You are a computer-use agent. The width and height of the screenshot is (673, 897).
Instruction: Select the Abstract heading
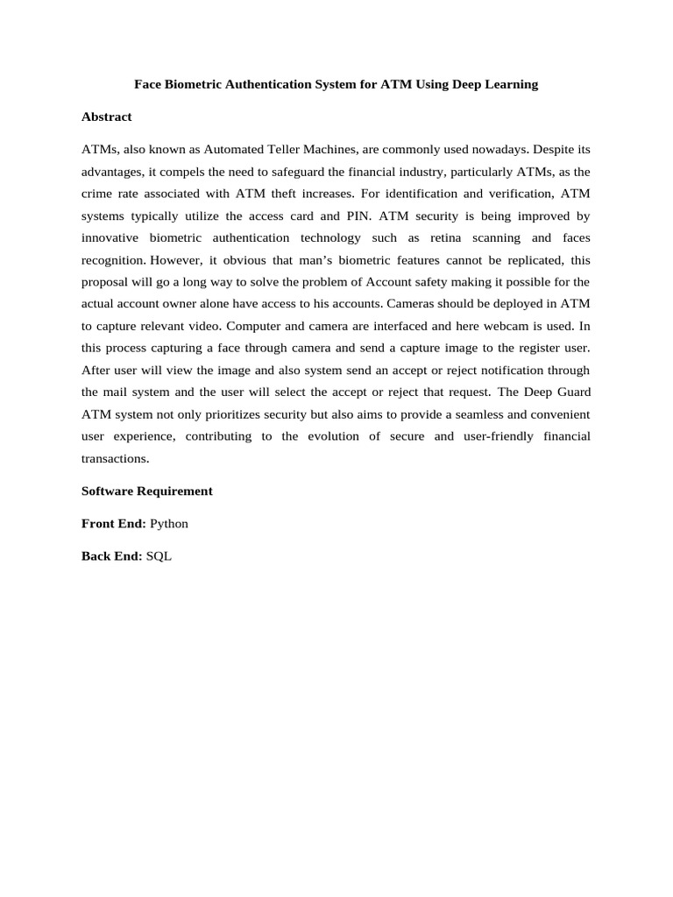point(106,117)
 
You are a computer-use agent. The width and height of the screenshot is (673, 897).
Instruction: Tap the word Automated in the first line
point(238,149)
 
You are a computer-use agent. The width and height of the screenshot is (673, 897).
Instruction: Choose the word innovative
point(110,237)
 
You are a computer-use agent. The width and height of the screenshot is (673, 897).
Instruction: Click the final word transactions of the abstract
point(115,457)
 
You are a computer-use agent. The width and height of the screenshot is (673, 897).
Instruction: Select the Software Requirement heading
point(146,491)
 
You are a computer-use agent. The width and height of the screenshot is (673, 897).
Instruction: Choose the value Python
point(169,523)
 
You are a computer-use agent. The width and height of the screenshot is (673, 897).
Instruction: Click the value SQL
point(159,555)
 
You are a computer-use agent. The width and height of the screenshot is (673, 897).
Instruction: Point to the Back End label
point(110,555)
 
